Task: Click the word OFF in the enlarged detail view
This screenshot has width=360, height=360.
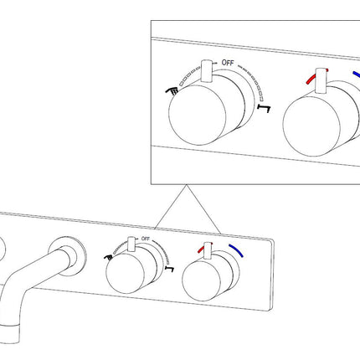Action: [x=228, y=63]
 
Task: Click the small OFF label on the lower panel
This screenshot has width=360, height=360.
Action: [x=146, y=239]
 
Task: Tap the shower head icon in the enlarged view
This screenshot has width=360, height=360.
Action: [x=172, y=90]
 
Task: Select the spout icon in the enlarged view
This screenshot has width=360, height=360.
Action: [x=265, y=108]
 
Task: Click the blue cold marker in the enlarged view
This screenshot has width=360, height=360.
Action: [x=357, y=75]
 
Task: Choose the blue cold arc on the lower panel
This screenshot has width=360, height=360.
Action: [x=236, y=250]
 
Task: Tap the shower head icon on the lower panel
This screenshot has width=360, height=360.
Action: [x=107, y=257]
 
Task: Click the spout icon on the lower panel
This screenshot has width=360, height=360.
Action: [x=170, y=269]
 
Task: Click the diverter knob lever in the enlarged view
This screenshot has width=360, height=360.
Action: [x=207, y=71]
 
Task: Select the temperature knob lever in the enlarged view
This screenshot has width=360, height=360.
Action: [x=321, y=81]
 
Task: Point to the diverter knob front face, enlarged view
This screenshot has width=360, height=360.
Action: [x=198, y=115]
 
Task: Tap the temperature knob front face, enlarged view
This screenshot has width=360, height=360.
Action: [x=311, y=126]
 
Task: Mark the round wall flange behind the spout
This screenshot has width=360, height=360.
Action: [x=67, y=256]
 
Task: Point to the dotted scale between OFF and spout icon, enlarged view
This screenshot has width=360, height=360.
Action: [x=253, y=81]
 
